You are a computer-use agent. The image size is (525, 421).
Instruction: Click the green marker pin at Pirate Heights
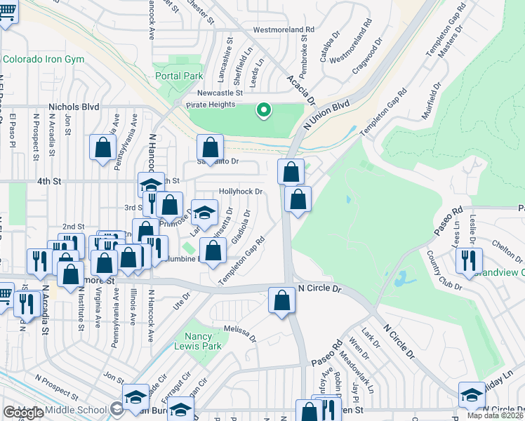pyautogui.click(x=264, y=110)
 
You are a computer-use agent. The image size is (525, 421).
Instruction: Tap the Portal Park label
pyautogui.click(x=180, y=76)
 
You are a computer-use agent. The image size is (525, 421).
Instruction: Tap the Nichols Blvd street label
pyautogui.click(x=74, y=107)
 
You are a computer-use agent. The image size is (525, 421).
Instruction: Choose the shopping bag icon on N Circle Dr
pyautogui.click(x=281, y=300)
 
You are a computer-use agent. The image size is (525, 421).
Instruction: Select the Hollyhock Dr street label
pyautogui.click(x=241, y=191)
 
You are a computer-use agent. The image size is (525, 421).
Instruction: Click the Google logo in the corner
pyautogui.click(x=23, y=413)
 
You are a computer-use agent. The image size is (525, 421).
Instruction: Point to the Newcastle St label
pyautogui.click(x=219, y=93)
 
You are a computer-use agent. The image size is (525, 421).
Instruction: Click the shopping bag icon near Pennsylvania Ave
pyautogui.click(x=102, y=147)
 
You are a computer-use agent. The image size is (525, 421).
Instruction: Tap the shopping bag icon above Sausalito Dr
pyautogui.click(x=210, y=147)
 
